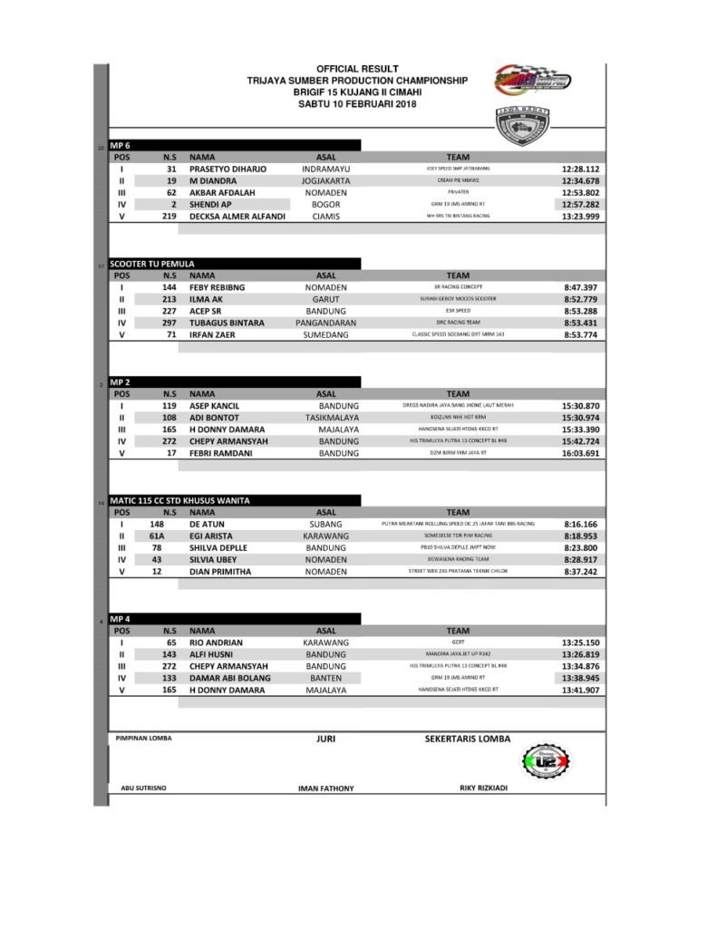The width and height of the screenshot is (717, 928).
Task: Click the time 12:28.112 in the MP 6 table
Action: (580, 169)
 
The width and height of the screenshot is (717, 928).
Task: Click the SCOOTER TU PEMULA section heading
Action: (151, 264)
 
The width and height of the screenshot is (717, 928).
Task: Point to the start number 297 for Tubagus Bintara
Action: (169, 323)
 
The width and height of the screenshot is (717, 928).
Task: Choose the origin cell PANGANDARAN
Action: (325, 323)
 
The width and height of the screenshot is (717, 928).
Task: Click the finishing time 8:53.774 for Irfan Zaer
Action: (580, 334)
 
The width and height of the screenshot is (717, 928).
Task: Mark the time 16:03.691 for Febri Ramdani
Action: (580, 453)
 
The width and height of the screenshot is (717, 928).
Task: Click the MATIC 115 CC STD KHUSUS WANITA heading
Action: (179, 500)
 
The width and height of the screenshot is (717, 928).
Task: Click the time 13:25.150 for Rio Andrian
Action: (580, 643)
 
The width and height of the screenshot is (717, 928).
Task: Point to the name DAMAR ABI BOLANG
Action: (231, 678)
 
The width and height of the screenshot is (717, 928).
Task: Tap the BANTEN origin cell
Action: (325, 678)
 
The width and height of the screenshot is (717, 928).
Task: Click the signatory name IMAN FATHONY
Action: (325, 788)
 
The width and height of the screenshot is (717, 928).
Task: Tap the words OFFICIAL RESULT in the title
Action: (357, 69)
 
